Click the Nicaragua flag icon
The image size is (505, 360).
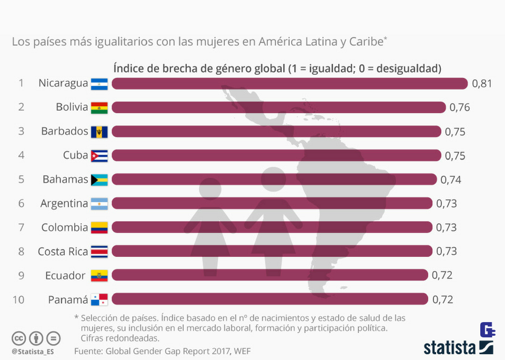[x=99, y=84]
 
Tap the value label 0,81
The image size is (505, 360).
[x=481, y=84]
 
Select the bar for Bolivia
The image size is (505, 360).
[x=279, y=107]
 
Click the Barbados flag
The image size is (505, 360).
[x=99, y=132]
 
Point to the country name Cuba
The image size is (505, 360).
[x=75, y=156]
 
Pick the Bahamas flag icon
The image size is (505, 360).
[x=99, y=179]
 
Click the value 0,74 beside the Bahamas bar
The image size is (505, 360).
[x=451, y=179]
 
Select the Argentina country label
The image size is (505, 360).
[x=64, y=204]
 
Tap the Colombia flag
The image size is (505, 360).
[x=99, y=227]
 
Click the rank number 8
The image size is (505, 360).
[x=21, y=252]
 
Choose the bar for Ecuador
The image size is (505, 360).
[x=270, y=275]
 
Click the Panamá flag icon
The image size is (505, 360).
[x=99, y=299]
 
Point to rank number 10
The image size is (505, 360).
[x=18, y=299]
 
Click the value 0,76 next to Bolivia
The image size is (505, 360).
[x=459, y=107]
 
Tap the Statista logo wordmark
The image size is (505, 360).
[x=450, y=347]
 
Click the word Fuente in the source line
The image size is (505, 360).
[x=88, y=351]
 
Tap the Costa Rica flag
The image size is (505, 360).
[x=99, y=252]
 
